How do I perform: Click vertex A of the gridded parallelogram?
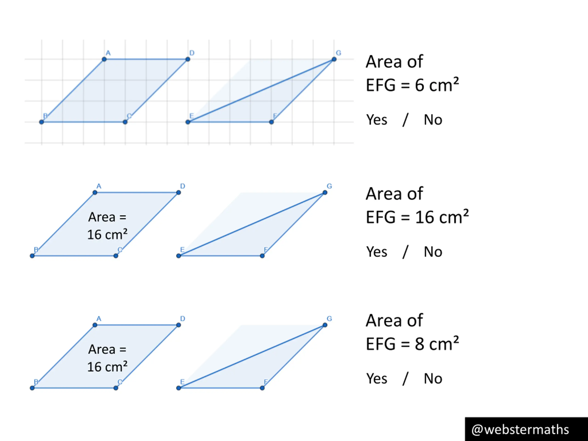point(104,59)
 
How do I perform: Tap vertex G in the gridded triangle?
point(334,59)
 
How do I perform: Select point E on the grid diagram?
point(188,122)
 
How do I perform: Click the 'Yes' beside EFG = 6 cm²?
point(377,120)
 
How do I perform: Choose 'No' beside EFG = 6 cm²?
point(433,120)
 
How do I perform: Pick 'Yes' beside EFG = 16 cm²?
point(377,252)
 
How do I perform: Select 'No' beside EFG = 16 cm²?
point(433,252)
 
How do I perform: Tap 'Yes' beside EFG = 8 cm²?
point(377,379)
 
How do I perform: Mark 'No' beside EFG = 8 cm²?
point(433,379)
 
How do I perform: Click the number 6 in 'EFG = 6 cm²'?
point(419,86)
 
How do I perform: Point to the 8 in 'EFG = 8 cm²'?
point(419,344)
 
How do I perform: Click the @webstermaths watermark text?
point(520,430)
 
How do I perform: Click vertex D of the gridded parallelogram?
point(188,59)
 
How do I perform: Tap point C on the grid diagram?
point(125,122)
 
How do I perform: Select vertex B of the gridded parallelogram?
point(42,122)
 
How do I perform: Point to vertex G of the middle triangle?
point(325,192)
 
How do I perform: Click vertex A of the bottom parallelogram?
point(95,325)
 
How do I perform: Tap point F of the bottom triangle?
point(262,388)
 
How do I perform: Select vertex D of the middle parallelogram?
point(179,192)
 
